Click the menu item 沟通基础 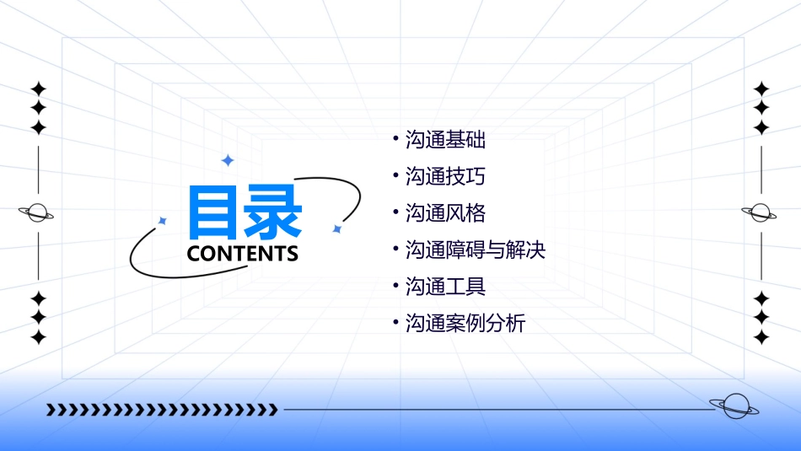445,140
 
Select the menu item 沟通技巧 445,176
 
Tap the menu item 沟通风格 445,213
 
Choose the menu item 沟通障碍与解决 476,250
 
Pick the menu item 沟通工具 445,287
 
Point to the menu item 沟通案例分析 465,324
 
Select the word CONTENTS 243,254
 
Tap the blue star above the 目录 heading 227,160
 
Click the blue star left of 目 163,221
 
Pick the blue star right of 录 336,228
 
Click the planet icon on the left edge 37,212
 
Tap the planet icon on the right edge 760,212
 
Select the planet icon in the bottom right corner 734,406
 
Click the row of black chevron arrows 161,410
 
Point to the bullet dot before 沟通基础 395,137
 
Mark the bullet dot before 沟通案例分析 395,321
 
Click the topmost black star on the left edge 38,89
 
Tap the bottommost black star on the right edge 761,337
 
